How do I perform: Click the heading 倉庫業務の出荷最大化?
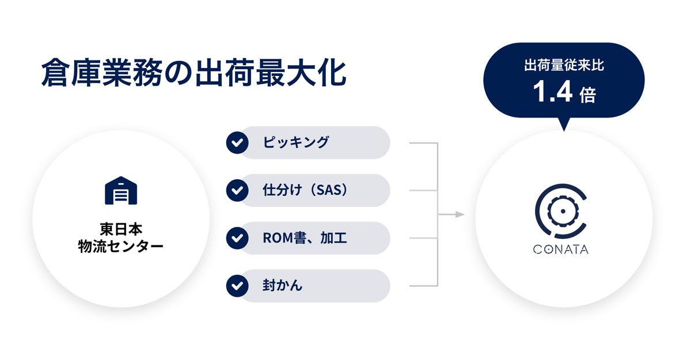193,73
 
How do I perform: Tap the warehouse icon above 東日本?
121,190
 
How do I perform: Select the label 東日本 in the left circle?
121,229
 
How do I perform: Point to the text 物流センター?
121,247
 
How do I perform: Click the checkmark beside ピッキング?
237,142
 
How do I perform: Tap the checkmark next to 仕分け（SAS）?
237,190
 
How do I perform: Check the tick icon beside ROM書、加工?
237,238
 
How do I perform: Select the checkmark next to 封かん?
237,286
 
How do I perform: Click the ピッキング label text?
296,142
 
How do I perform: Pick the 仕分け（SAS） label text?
305,190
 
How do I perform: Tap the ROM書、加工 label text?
305,238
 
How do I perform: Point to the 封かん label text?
282,285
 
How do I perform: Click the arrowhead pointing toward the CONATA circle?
460,214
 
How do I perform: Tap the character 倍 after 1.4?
588,95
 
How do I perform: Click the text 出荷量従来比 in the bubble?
564,66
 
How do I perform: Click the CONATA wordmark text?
560,249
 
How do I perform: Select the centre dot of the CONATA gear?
563,211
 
